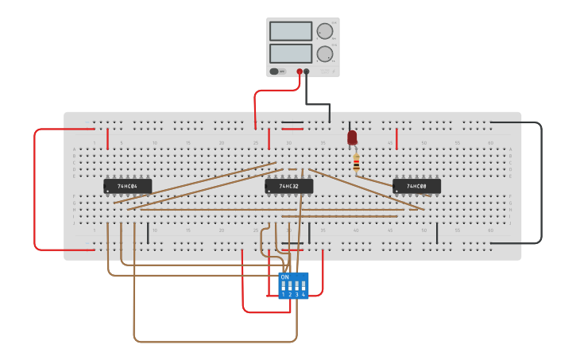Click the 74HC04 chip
point(127,186)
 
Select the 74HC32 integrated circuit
point(288,186)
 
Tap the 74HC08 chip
point(416,186)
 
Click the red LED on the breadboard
point(352,137)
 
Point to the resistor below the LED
point(356,163)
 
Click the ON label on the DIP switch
point(284,277)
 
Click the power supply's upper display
point(290,31)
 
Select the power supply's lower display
point(290,53)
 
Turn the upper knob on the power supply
point(324,31)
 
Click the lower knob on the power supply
point(324,54)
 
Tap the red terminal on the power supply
point(300,72)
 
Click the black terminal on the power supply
point(307,72)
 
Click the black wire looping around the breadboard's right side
point(541,183)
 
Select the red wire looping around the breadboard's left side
point(34,191)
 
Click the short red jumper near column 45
point(396,138)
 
